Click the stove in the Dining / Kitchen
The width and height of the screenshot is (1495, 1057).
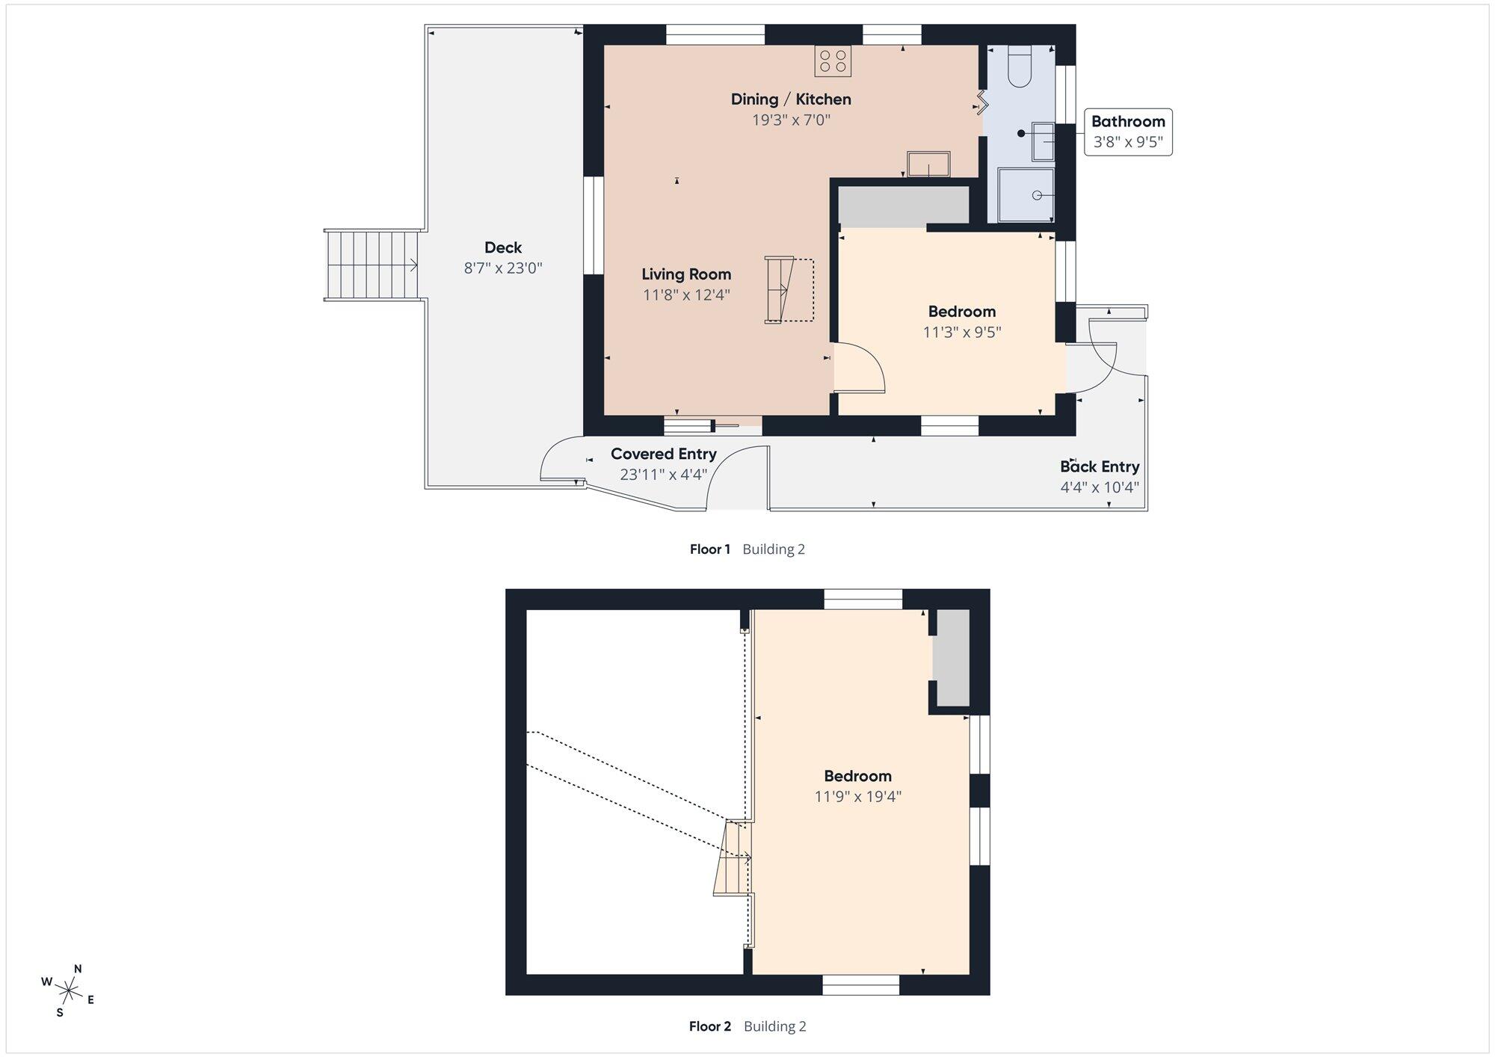click(833, 61)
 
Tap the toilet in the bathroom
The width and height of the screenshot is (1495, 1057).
click(1020, 66)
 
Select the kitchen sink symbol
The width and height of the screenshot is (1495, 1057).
click(928, 164)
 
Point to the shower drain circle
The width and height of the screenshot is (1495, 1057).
click(1037, 195)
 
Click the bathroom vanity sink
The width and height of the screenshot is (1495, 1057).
click(1044, 141)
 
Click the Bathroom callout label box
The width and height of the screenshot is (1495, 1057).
click(1128, 132)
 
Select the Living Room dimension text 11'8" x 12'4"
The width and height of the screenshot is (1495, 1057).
click(686, 295)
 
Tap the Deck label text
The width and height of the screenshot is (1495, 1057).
click(503, 247)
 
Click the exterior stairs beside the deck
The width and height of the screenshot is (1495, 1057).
click(371, 265)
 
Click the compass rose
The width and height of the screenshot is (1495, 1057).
click(69, 991)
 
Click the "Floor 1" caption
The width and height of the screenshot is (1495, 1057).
click(710, 549)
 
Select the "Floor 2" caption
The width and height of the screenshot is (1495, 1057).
click(710, 1026)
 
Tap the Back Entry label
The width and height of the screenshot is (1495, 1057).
click(1100, 466)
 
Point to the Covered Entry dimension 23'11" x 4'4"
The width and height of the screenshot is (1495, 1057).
click(664, 474)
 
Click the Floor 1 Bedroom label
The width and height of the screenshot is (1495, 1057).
click(962, 311)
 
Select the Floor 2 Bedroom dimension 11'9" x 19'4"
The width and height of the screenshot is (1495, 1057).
click(858, 796)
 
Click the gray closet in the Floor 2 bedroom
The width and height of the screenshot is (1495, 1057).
click(953, 658)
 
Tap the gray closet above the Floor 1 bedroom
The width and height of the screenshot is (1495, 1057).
click(904, 206)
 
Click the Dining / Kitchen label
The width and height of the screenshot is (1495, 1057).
click(791, 99)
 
